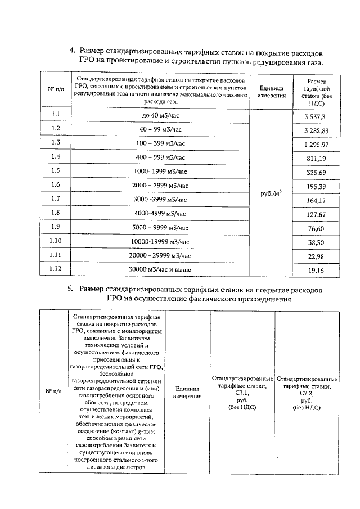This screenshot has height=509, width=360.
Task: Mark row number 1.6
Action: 56,184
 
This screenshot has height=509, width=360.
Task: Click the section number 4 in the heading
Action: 71,50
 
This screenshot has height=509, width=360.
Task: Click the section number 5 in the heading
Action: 70,289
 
